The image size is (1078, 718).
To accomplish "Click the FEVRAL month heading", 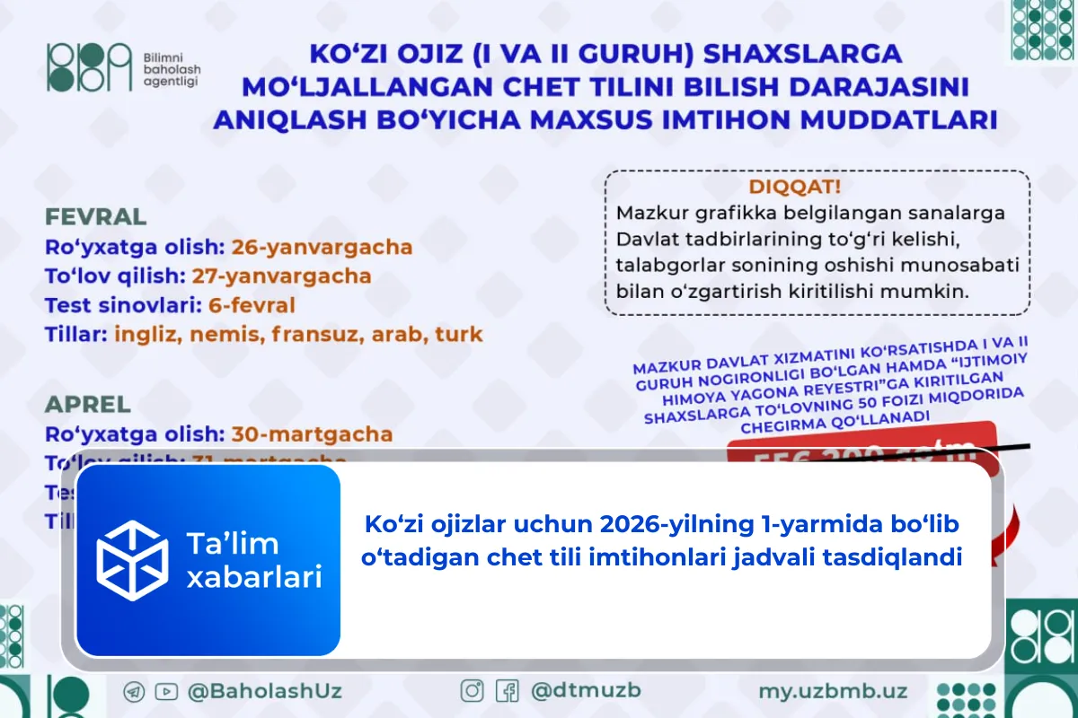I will [x=96, y=217].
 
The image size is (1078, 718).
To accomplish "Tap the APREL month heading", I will [x=88, y=404].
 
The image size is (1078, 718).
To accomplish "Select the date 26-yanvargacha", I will [x=322, y=247].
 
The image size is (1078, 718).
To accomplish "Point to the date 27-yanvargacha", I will [x=281, y=276].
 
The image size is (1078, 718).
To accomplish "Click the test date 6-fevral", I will [x=252, y=305].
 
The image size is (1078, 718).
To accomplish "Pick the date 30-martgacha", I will [x=312, y=434].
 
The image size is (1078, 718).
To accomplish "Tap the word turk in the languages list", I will [x=459, y=335].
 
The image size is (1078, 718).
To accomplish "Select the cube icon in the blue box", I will [x=133, y=561].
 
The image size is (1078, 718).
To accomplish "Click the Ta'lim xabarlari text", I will [x=253, y=561].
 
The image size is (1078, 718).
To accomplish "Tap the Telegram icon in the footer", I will [x=136, y=692].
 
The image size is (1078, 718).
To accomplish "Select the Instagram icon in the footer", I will [x=473, y=691].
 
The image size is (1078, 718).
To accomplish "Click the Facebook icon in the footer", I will [x=508, y=691].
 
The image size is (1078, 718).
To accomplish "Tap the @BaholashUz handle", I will [x=264, y=692].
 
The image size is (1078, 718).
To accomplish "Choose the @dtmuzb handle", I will [x=586, y=691].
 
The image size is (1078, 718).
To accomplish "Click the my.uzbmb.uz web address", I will [x=833, y=691].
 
